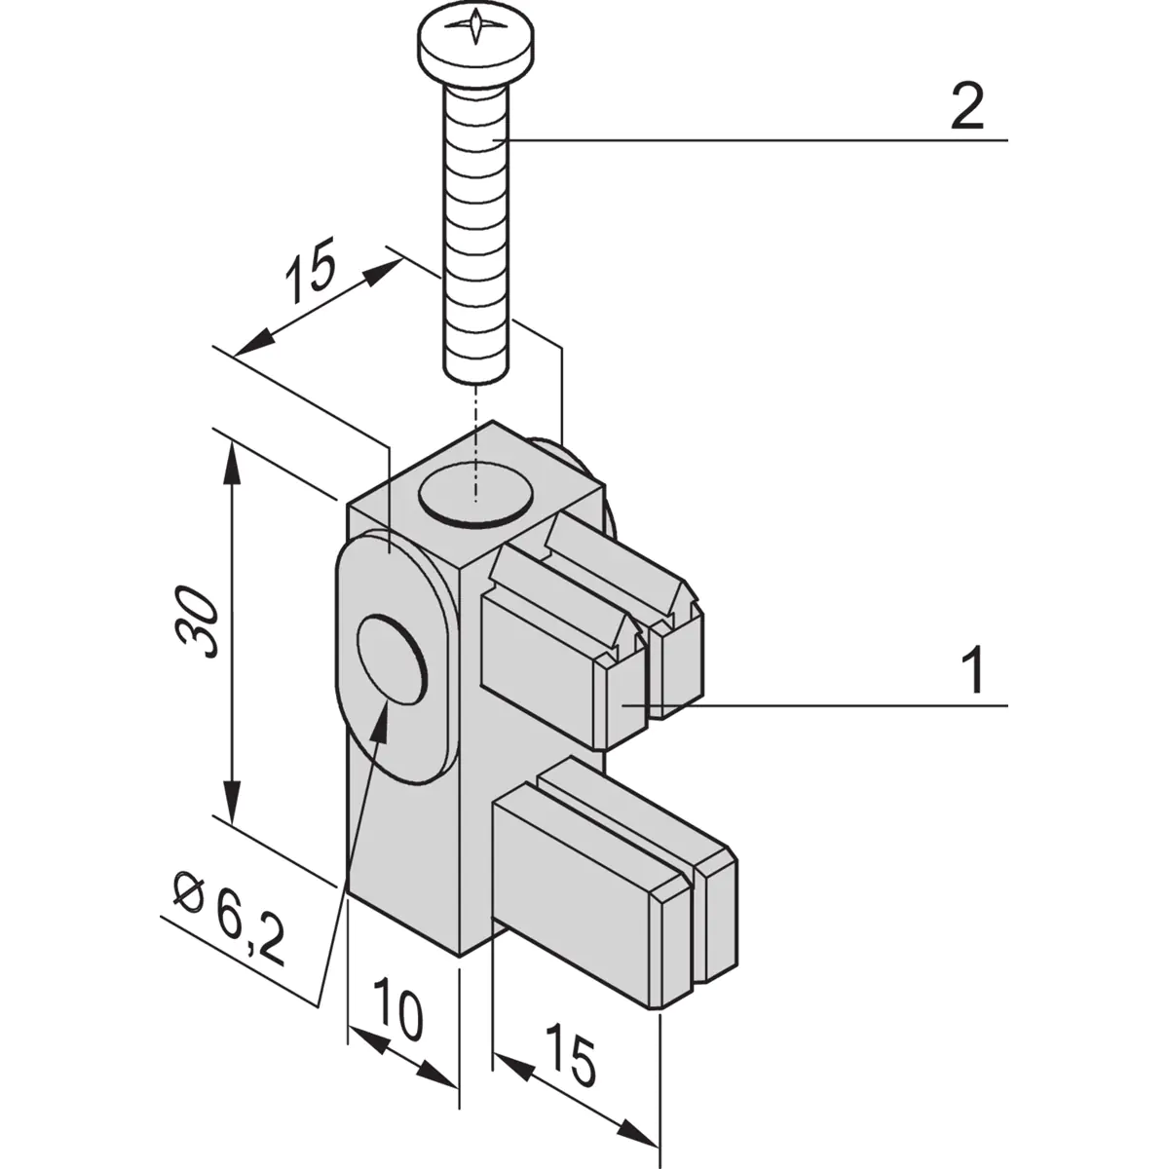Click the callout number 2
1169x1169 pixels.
(x=966, y=109)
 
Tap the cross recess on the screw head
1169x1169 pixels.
(x=474, y=26)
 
